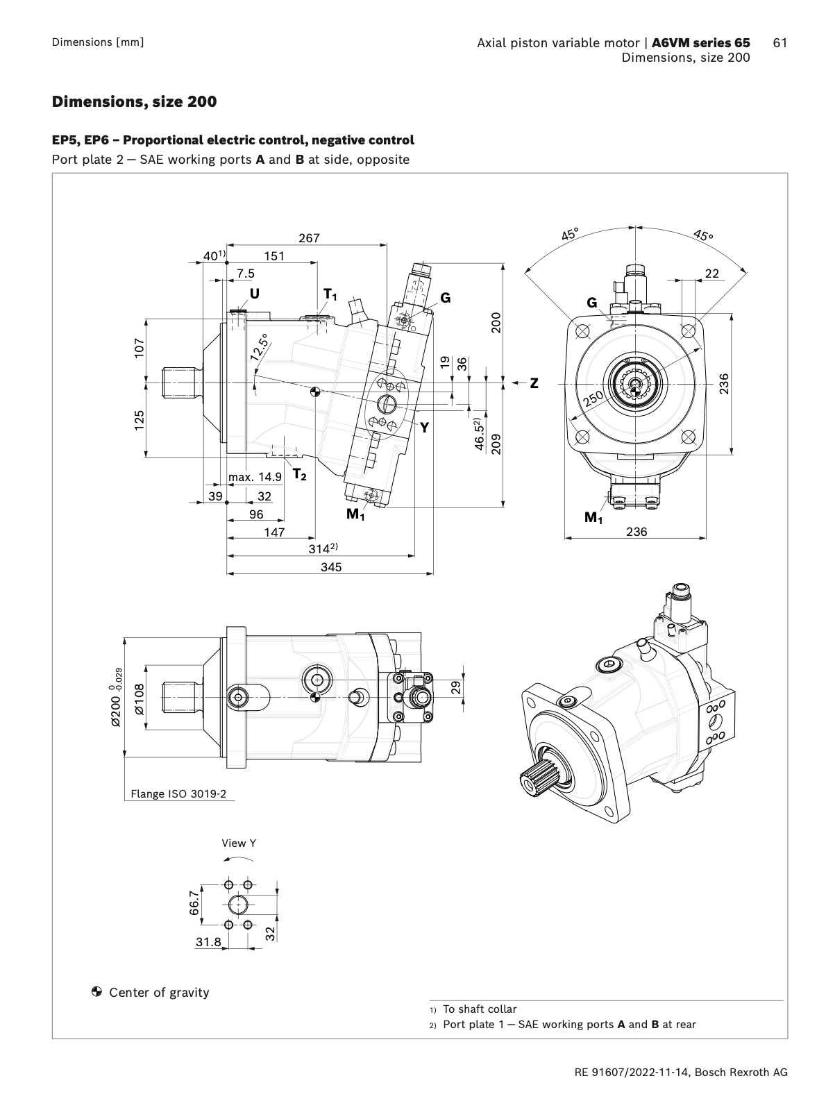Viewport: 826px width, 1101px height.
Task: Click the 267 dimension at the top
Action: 309,237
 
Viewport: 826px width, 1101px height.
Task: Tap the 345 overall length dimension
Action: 331,566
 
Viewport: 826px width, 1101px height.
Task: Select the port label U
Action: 255,294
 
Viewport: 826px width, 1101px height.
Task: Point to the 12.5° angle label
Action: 260,347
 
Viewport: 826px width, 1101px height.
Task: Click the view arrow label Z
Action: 534,383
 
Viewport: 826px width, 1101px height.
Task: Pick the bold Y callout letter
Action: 424,428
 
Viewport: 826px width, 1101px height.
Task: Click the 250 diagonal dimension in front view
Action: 593,398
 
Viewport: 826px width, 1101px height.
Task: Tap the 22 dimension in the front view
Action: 711,274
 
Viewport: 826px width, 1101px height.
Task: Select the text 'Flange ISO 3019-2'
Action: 178,793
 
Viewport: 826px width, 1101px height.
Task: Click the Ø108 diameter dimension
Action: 139,699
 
